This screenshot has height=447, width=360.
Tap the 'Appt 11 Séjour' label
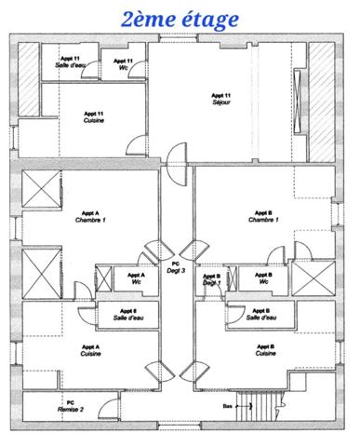click(x=221, y=99)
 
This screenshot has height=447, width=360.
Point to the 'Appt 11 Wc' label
click(x=124, y=64)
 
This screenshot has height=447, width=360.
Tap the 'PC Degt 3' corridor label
click(x=177, y=266)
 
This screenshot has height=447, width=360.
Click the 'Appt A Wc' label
click(x=135, y=278)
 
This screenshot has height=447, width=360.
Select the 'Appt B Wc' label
click(x=263, y=278)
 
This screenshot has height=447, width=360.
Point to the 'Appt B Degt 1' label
click(x=212, y=279)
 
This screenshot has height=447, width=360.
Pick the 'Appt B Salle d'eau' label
click(x=264, y=314)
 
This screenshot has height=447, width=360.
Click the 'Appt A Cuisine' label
click(x=90, y=350)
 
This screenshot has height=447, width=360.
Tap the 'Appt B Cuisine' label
click(x=264, y=350)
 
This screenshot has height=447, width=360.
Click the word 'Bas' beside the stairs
click(x=226, y=406)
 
